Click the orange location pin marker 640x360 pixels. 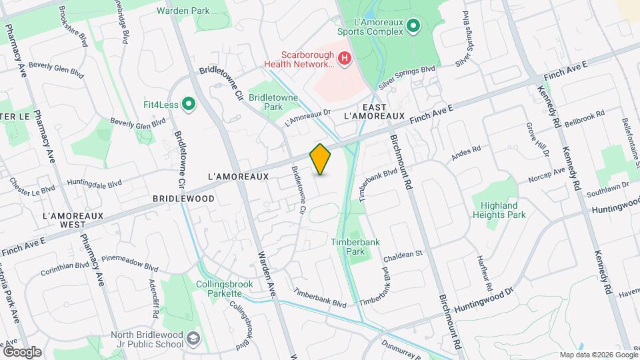point(321,159)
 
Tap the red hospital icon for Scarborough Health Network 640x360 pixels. point(345,59)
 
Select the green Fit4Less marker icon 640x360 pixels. point(189,103)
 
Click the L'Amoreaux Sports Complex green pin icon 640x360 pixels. point(413,27)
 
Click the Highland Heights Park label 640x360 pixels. point(499,210)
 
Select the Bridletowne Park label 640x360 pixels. point(270,101)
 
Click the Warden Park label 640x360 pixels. point(183,11)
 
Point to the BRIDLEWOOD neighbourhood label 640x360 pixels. point(183,199)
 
